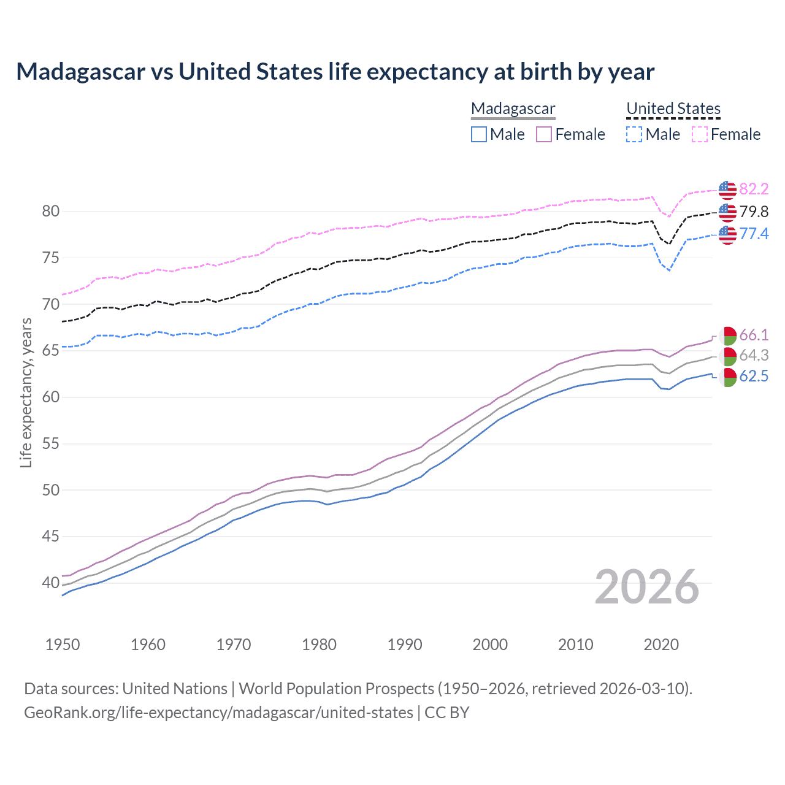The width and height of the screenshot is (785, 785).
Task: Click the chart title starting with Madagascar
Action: (x=335, y=72)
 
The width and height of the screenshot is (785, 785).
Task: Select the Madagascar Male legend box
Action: (x=479, y=134)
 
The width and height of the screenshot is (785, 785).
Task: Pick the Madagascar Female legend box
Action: (x=544, y=134)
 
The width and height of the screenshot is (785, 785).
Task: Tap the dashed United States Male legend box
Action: (x=634, y=134)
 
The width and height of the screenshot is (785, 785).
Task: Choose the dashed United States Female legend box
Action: (x=700, y=134)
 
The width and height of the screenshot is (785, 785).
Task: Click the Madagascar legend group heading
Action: (x=513, y=109)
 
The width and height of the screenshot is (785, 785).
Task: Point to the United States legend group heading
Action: (x=673, y=109)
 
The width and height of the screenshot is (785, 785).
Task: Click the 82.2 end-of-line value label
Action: (x=754, y=190)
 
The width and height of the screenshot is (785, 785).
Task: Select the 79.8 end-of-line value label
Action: (x=754, y=212)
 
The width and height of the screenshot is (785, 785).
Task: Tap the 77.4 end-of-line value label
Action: (x=754, y=234)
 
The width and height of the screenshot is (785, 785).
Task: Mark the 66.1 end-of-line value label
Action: (x=754, y=335)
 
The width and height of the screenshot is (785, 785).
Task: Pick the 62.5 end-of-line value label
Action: (x=754, y=377)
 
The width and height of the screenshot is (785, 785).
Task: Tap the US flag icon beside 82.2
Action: (x=727, y=190)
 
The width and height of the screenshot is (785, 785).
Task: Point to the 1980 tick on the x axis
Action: (x=319, y=645)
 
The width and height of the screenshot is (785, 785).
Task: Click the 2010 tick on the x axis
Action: (x=575, y=645)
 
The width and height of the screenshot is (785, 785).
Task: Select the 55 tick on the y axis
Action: (x=51, y=443)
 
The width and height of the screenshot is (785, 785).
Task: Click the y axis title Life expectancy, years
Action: (x=26, y=392)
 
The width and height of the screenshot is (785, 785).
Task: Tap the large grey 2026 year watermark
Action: (x=646, y=587)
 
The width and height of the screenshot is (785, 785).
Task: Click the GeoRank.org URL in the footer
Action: (x=218, y=713)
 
